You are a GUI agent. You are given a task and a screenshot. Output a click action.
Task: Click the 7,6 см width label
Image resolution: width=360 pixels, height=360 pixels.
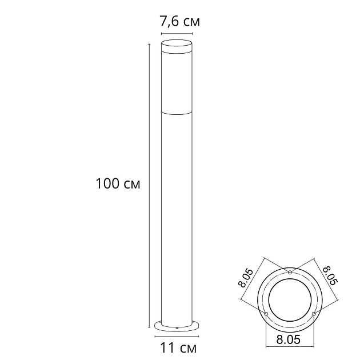(179, 22)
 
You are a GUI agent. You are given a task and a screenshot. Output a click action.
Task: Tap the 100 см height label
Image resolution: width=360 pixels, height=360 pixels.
(118, 183)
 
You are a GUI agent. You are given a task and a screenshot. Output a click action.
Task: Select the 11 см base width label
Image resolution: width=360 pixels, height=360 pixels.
(178, 348)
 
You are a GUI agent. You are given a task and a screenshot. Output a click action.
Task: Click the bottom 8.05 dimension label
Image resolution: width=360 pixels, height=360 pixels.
(288, 339)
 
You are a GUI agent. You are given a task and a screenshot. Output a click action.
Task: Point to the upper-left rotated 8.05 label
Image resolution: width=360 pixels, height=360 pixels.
(246, 278)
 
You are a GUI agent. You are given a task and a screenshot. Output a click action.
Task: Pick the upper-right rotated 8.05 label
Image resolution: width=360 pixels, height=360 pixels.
(331, 275)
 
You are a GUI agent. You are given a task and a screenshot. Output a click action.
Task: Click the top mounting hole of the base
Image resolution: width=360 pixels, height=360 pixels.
(290, 273)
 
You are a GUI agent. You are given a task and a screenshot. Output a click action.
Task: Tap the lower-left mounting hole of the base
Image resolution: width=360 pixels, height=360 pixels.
(266, 314)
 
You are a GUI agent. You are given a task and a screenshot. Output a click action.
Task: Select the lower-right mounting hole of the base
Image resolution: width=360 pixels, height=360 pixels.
(314, 314)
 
